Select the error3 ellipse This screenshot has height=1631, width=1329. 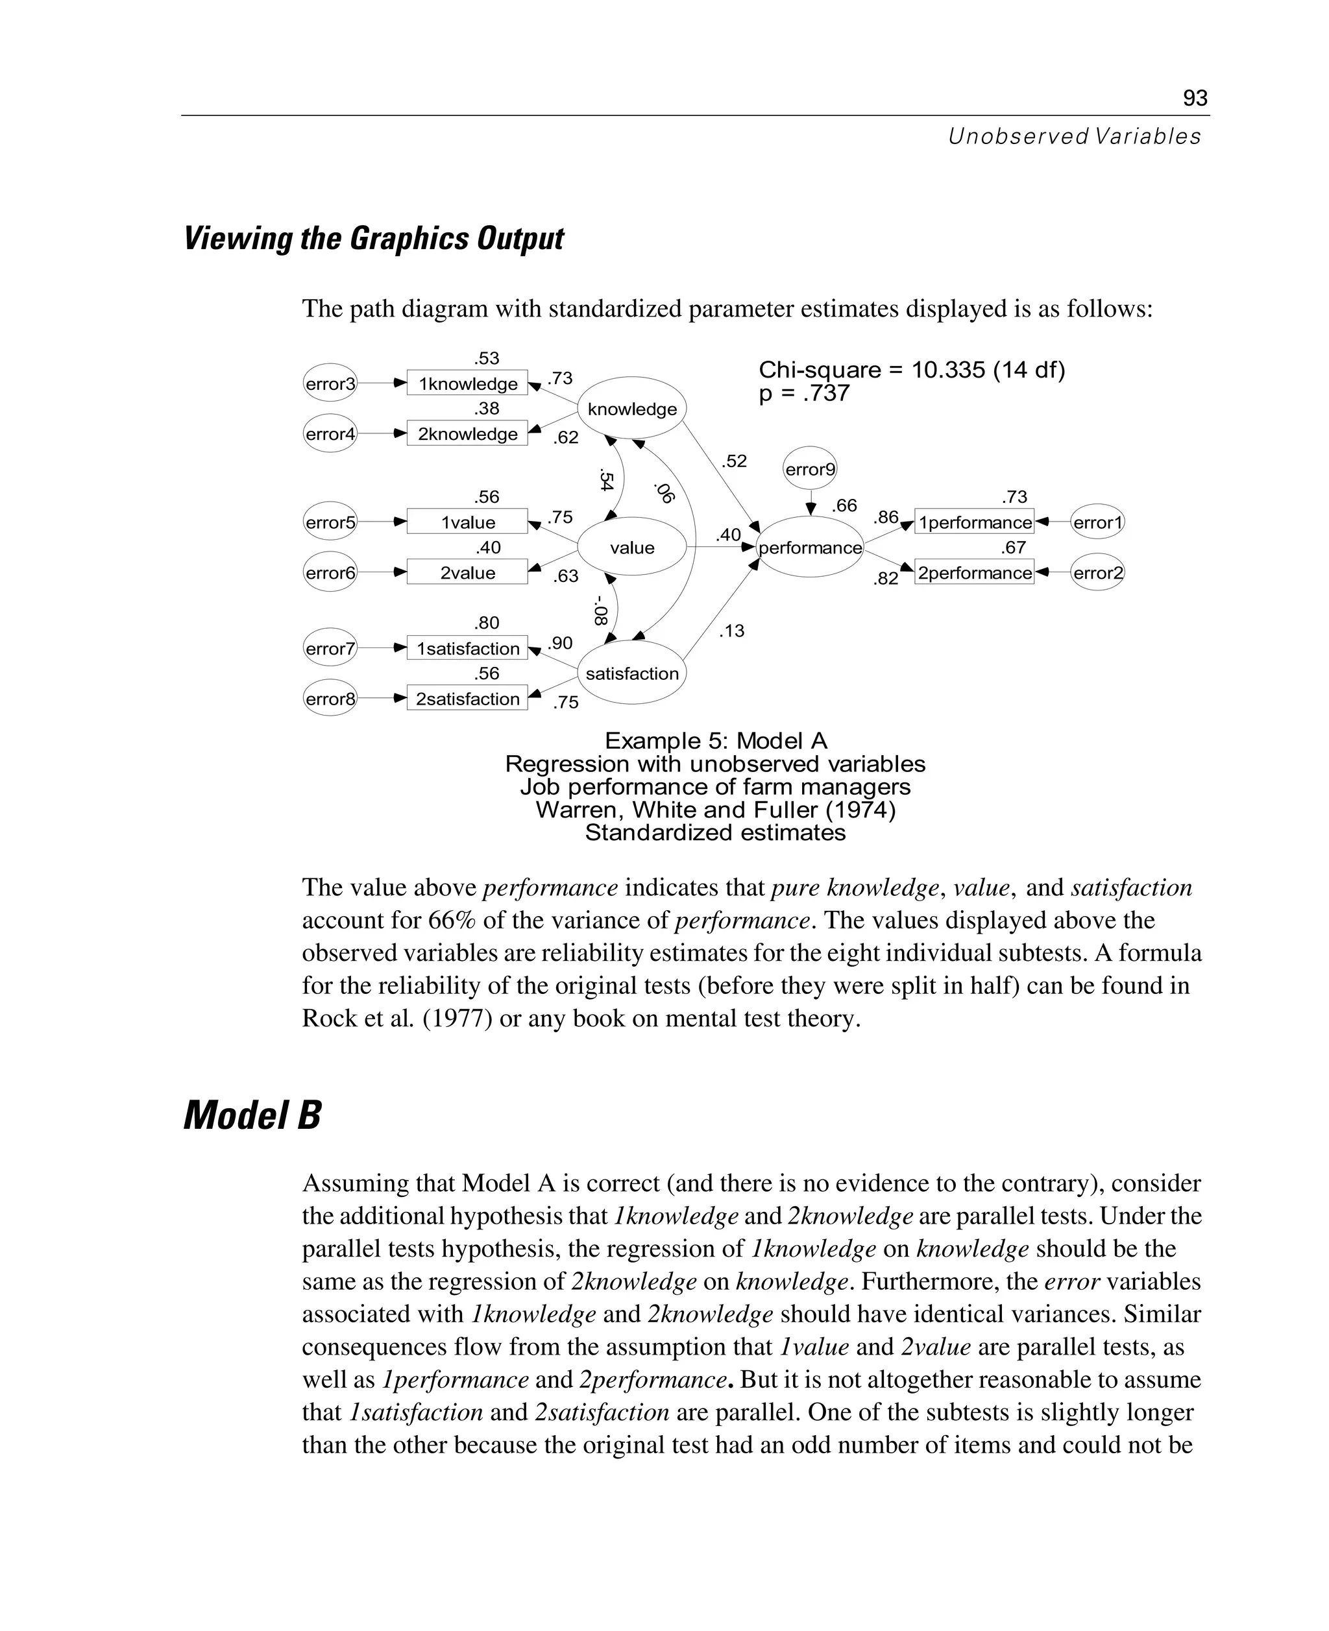tap(330, 383)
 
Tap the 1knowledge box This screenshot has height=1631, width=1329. tap(467, 383)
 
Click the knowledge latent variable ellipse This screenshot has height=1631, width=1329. tap(631, 409)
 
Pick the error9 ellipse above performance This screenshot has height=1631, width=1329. tap(810, 469)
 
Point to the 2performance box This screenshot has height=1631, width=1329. tap(974, 572)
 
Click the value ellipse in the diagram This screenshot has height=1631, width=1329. tap(631, 548)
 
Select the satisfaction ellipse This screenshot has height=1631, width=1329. tap(631, 673)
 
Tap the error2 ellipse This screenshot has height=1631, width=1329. tap(1097, 572)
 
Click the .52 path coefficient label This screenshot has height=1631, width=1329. tap(733, 461)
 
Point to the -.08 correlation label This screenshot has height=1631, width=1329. tap(601, 610)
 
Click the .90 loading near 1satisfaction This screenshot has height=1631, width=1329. tap(561, 643)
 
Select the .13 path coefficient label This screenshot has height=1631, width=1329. tap(731, 631)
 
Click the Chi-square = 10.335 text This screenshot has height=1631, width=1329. tap(911, 370)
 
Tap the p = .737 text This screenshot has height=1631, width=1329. tap(804, 393)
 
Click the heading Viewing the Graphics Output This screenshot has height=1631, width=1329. tap(374, 239)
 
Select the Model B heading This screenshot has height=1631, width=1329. tap(252, 1115)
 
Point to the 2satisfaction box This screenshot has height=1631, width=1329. tap(467, 699)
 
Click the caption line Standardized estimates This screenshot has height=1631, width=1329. tap(715, 833)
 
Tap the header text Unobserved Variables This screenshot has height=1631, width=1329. tap(1074, 136)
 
